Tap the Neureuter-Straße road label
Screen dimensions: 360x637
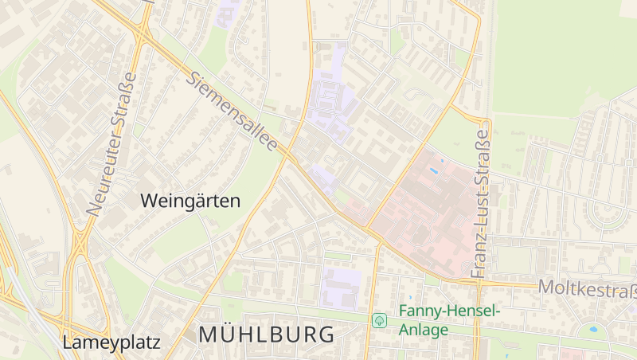(x=112, y=144)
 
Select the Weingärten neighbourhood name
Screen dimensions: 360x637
(x=190, y=201)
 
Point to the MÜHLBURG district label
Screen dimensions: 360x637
(x=266, y=335)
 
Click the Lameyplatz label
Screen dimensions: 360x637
(x=111, y=343)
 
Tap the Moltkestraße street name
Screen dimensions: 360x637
(x=588, y=288)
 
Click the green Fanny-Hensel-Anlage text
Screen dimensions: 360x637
(x=449, y=319)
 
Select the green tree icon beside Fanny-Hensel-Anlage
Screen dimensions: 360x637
(x=379, y=320)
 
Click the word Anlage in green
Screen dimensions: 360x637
(x=424, y=329)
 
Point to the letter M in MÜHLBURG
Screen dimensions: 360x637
(x=208, y=335)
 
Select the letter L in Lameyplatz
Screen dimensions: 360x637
(x=67, y=343)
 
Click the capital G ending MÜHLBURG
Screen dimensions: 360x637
(x=326, y=335)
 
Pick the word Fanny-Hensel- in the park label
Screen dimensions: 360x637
(x=449, y=311)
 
